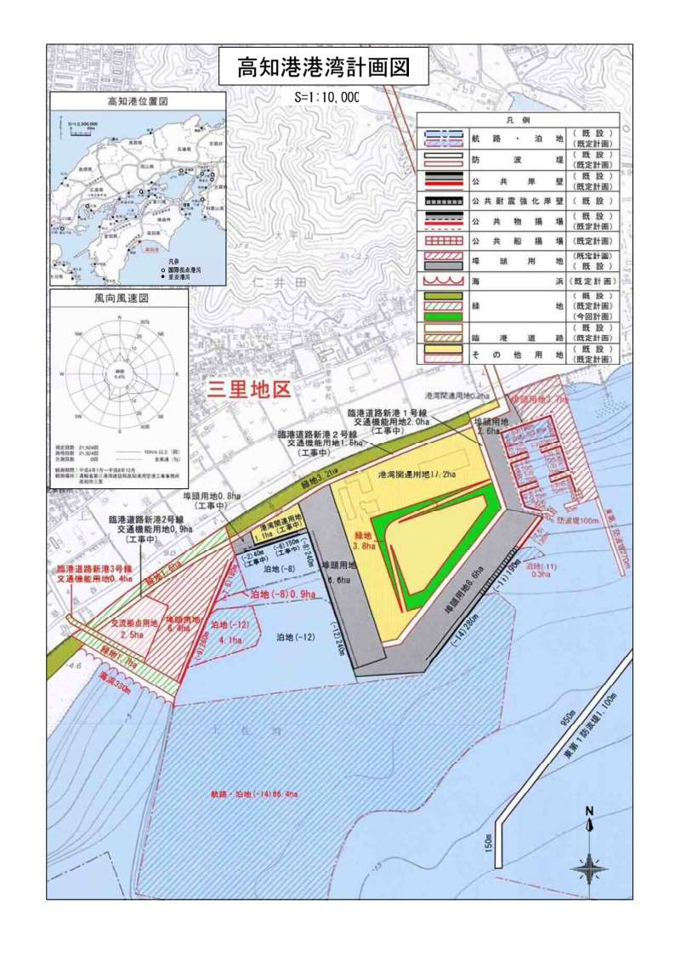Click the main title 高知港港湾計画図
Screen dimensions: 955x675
click(x=323, y=68)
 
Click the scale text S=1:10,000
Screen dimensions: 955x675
click(x=326, y=97)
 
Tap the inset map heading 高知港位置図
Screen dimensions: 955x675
click(x=137, y=101)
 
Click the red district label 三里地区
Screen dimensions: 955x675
click(x=250, y=390)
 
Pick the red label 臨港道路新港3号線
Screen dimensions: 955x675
click(x=94, y=568)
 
